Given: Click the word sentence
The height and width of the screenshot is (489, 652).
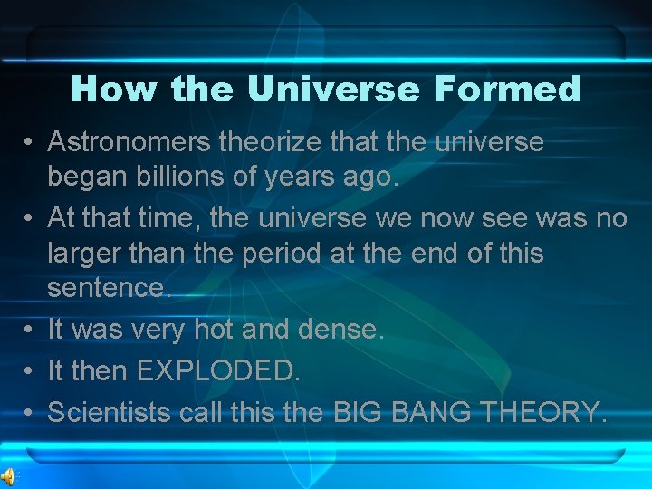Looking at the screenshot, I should pyautogui.click(x=108, y=288).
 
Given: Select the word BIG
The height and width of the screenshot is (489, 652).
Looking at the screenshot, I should pyautogui.click(x=359, y=413).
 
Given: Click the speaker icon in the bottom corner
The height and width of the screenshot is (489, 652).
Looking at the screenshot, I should pyautogui.click(x=8, y=477).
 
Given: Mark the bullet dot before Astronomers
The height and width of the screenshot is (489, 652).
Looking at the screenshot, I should pyautogui.click(x=30, y=143).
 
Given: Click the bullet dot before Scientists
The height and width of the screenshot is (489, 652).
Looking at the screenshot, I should pyautogui.click(x=30, y=414).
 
